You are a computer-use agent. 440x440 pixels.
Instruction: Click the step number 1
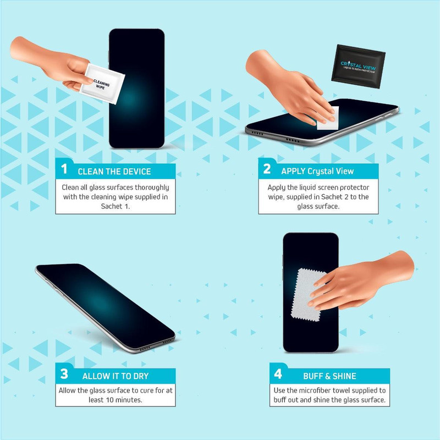tap(64, 169)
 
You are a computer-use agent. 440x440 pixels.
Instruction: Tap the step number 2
tap(267, 169)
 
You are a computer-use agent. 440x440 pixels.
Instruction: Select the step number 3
tap(64, 374)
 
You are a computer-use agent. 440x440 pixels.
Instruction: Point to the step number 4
tap(278, 374)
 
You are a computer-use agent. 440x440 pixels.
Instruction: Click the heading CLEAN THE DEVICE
tap(114, 172)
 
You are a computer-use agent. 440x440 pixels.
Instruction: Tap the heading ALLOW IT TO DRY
tap(116, 376)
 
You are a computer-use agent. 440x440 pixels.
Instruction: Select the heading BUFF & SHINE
tap(329, 376)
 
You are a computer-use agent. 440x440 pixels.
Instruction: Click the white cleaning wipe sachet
tap(102, 84)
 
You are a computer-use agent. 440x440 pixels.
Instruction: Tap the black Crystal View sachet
tap(358, 67)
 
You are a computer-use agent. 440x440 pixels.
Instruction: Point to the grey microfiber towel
tap(309, 295)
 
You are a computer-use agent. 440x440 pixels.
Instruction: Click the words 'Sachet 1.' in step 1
tap(116, 206)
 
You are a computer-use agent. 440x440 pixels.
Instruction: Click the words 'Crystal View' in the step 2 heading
tap(331, 171)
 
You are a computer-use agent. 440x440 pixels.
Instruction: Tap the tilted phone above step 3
tap(105, 308)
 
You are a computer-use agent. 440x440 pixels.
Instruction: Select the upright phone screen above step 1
tap(136, 89)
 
